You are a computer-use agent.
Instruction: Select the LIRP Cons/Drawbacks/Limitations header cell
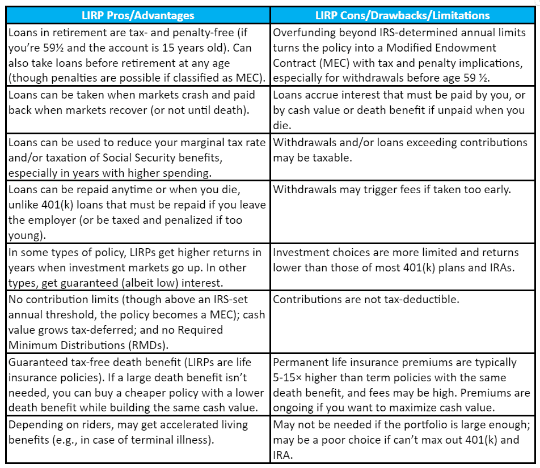pos(403,15)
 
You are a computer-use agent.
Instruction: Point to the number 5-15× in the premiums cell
pos(292,378)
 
